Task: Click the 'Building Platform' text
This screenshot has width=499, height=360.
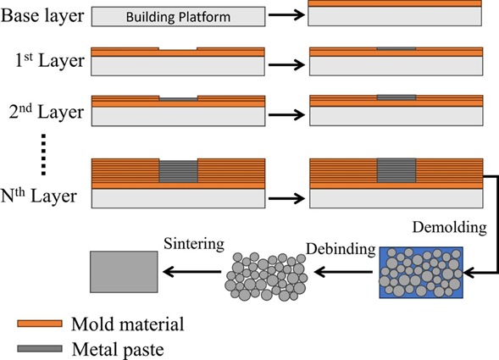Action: click(x=178, y=17)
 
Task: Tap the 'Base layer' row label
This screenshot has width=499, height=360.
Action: click(x=42, y=15)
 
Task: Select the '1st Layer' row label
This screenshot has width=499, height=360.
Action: click(x=50, y=60)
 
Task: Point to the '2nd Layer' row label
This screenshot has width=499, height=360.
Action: click(x=47, y=112)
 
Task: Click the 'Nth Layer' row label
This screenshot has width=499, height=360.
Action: click(x=39, y=196)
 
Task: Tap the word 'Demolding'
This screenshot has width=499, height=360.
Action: click(x=450, y=227)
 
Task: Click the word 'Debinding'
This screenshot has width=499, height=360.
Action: click(x=341, y=249)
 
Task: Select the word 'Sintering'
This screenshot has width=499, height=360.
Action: click(x=194, y=244)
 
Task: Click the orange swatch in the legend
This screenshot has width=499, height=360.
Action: click(x=40, y=324)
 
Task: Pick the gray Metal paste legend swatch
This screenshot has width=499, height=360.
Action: click(x=40, y=348)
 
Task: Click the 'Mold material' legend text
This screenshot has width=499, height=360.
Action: click(x=128, y=324)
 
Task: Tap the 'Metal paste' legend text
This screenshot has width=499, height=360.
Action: click(x=118, y=349)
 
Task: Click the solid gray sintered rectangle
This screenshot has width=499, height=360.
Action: click(x=124, y=272)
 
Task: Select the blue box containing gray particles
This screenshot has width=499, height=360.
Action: click(x=421, y=273)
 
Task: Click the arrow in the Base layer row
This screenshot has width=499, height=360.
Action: click(x=286, y=14)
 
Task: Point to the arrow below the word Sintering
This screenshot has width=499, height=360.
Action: click(x=192, y=272)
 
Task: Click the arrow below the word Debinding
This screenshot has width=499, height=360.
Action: click(x=343, y=272)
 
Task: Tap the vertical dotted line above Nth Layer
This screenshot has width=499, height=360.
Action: click(x=43, y=155)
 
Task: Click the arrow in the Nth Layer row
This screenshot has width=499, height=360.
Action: click(x=286, y=198)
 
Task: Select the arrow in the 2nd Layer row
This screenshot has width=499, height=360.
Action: click(x=286, y=114)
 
